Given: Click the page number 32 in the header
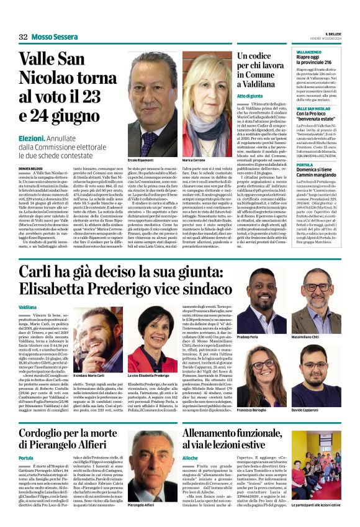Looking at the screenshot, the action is pyautogui.click(x=23, y=37).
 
